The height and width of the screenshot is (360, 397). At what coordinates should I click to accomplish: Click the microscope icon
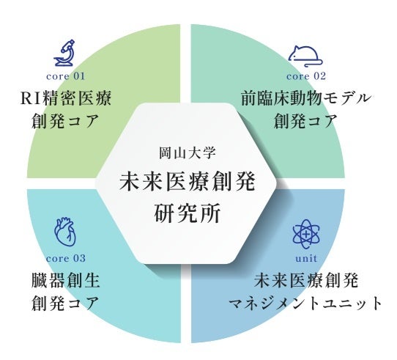(x=64, y=53)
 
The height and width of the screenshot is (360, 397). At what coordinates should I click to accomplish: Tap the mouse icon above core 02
(x=306, y=56)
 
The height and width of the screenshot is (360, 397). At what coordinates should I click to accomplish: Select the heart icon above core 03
(x=65, y=232)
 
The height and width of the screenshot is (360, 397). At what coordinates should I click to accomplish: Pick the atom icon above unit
(x=306, y=234)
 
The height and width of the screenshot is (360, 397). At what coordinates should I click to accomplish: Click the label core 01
(x=66, y=76)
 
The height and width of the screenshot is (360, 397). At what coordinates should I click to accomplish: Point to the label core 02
(x=306, y=76)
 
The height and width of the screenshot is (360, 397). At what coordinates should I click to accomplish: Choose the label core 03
(x=66, y=258)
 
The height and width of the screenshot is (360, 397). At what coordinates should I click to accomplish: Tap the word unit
(x=306, y=258)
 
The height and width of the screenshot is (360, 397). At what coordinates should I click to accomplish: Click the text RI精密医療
(x=66, y=98)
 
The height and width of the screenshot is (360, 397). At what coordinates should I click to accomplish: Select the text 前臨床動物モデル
(x=306, y=98)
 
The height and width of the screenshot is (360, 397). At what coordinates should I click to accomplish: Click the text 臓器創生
(x=66, y=280)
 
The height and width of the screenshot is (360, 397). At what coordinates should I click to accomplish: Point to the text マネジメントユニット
(x=306, y=303)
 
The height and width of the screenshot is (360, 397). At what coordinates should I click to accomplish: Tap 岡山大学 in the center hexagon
(x=188, y=153)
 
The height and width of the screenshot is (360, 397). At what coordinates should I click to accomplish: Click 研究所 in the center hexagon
(x=188, y=213)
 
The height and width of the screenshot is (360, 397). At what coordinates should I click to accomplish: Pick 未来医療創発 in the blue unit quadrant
(x=306, y=280)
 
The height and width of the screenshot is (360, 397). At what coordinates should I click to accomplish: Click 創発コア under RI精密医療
(x=66, y=121)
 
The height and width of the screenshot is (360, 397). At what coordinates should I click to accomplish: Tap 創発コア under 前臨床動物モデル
(x=306, y=121)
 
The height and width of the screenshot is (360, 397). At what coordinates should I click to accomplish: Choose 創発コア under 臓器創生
(x=66, y=303)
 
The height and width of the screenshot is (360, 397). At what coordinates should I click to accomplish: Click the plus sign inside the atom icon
(x=306, y=234)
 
